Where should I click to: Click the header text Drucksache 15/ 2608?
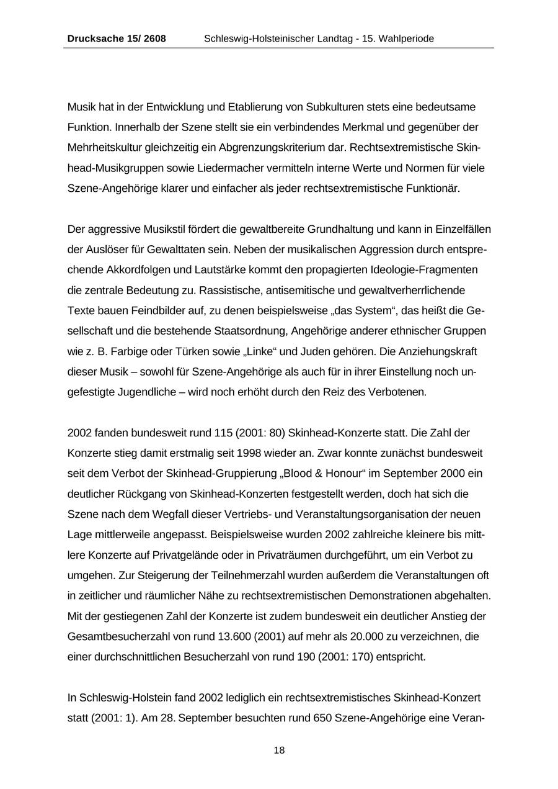point(117,38)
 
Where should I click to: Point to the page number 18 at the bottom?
point(279,751)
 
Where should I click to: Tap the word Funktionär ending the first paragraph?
point(433,189)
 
